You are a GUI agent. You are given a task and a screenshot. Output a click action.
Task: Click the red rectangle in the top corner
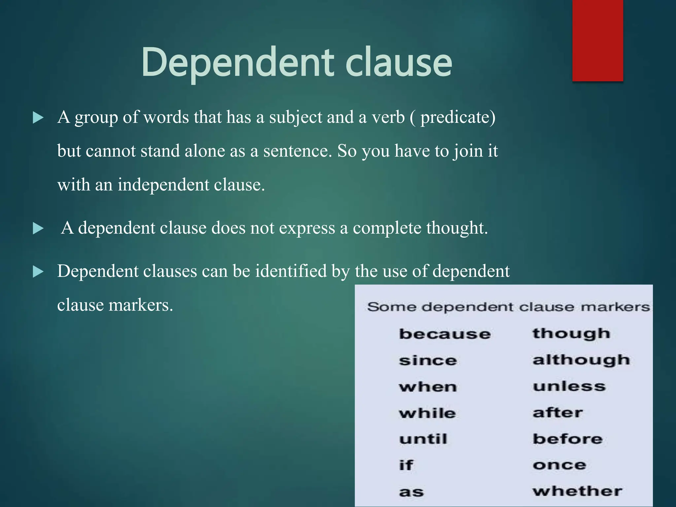[x=597, y=40]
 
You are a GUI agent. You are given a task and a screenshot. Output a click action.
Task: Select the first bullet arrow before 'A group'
[x=38, y=118]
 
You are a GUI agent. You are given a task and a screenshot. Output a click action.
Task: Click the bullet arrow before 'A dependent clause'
[x=38, y=228]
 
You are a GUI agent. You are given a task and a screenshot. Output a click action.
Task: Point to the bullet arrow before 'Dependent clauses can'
[x=38, y=272]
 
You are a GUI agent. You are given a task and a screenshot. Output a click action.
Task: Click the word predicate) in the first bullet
[x=458, y=118]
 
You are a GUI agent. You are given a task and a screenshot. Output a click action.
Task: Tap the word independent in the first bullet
[x=164, y=185]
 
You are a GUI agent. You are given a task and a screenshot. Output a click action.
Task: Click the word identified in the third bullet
[x=291, y=271]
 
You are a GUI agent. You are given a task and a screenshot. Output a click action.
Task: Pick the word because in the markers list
[x=445, y=334]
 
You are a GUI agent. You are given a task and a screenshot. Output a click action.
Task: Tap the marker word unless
[x=569, y=386]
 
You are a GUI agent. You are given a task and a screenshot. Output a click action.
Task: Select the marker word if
[x=406, y=465]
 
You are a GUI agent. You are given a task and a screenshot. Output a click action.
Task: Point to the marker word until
[x=423, y=439]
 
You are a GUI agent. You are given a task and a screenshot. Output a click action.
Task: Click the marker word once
[x=559, y=465]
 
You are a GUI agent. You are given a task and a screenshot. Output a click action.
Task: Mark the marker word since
[x=428, y=360]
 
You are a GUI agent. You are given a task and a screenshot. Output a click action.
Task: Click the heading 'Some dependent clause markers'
[x=508, y=307]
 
